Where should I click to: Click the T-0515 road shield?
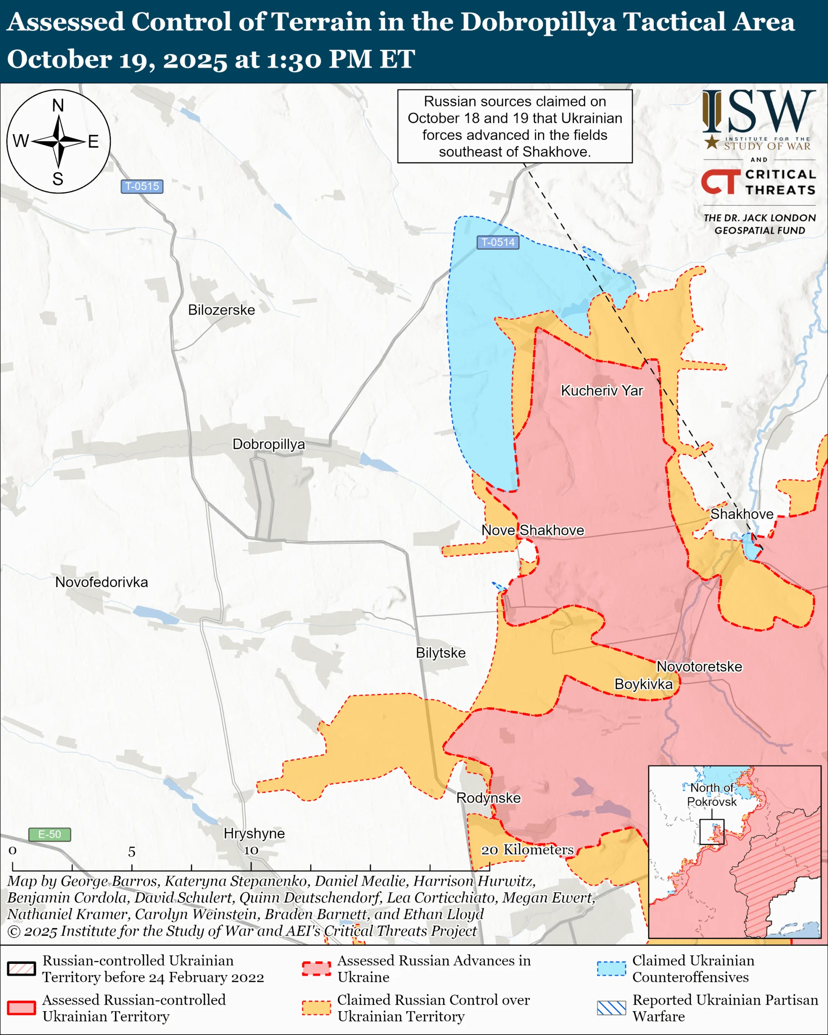[142, 186]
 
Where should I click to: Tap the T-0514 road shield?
[498, 243]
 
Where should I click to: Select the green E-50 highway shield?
[49, 834]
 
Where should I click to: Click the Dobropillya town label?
[268, 444]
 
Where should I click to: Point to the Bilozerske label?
[221, 310]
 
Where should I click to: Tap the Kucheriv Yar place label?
[602, 391]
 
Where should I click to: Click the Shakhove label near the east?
[741, 514]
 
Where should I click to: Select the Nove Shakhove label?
[533, 530]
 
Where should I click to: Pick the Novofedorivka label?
[101, 582]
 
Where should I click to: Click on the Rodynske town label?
[488, 798]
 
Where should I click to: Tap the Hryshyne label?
[254, 833]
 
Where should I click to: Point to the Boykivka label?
[643, 684]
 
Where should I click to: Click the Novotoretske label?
[699, 667]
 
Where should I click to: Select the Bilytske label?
[440, 653]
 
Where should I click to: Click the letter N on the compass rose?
[58, 105]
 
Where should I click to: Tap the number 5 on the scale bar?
[131, 852]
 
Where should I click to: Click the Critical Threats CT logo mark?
[720, 182]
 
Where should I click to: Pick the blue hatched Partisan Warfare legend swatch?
[611, 1008]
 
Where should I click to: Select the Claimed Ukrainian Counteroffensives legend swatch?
[611, 969]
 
